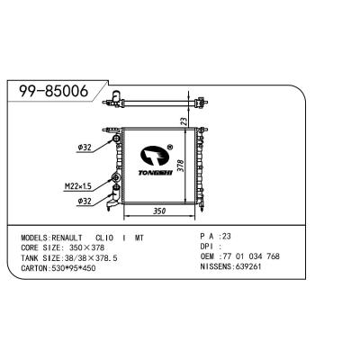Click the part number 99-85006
coord(54,91)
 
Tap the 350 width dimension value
coord(159,211)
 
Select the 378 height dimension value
coord(180,166)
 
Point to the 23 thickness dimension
coord(184,121)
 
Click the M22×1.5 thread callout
coord(78,187)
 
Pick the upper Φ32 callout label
coord(85,148)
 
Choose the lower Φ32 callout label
coord(85,202)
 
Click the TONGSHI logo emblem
coord(155,156)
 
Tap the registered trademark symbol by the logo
coord(170,147)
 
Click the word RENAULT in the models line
coord(67,238)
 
